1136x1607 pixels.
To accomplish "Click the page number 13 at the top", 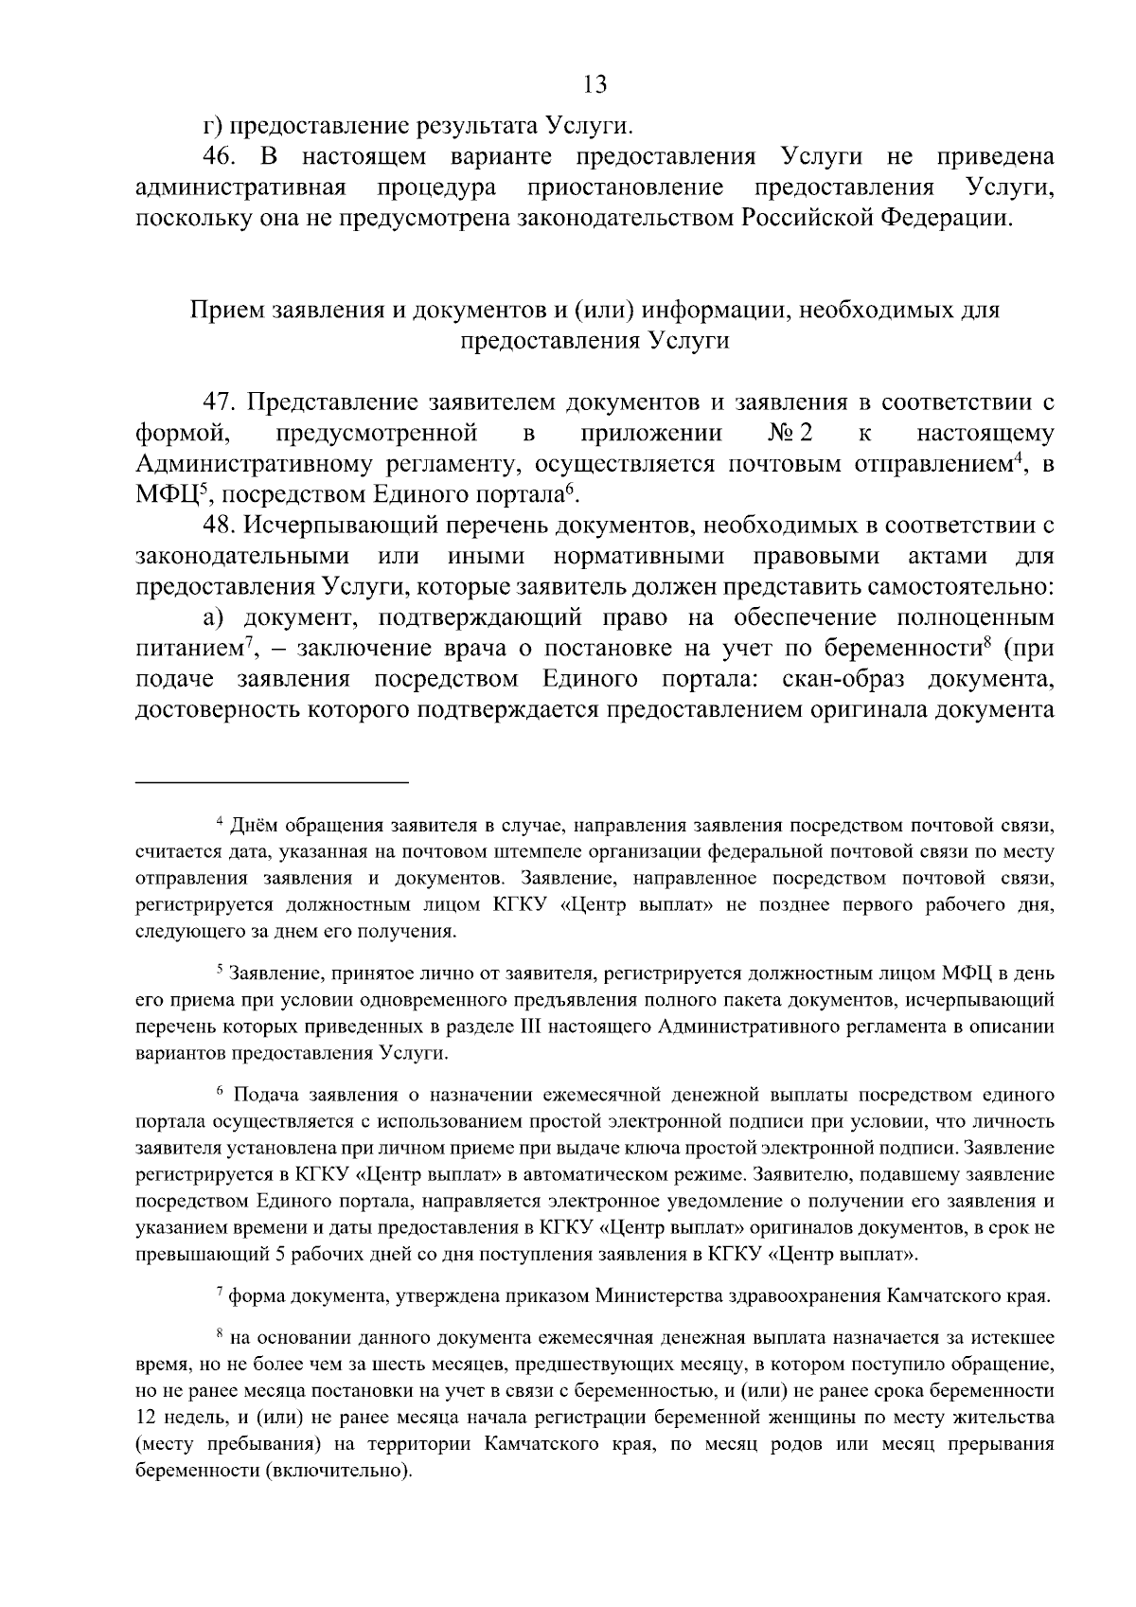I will (595, 85).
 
